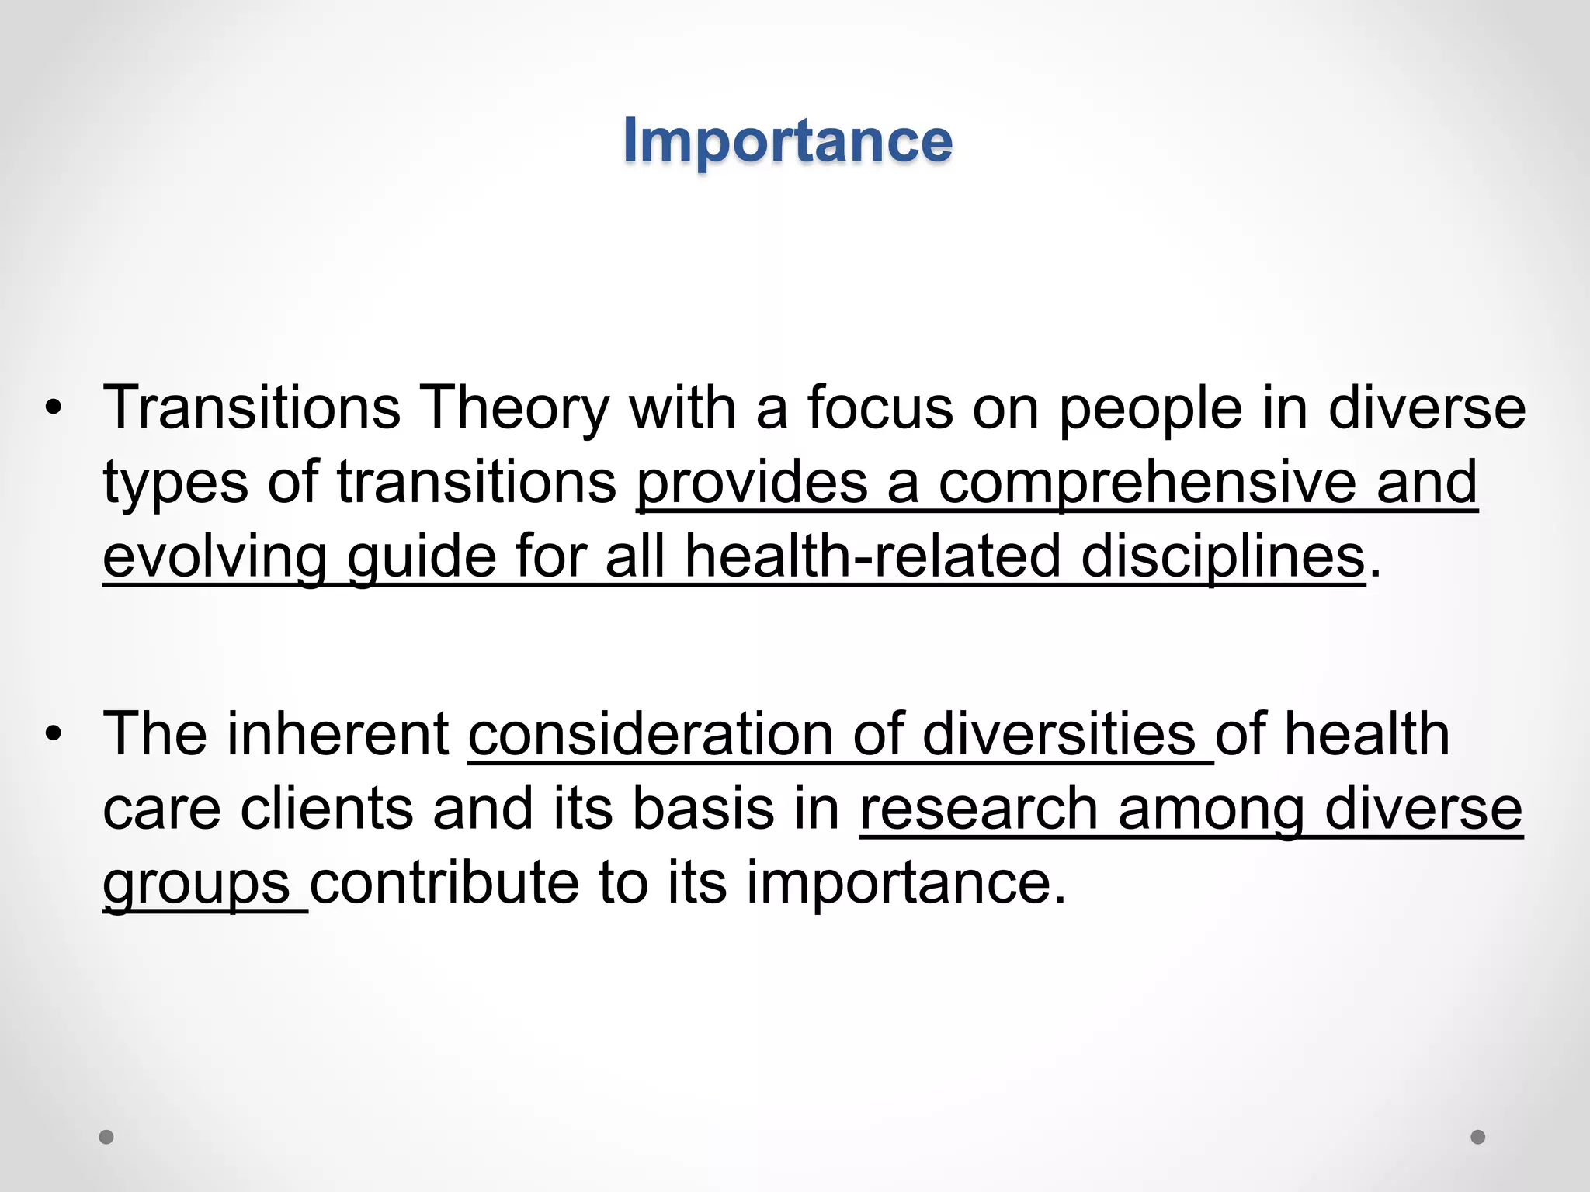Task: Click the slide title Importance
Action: [787, 141]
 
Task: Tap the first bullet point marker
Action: [52, 408]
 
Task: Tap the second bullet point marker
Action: [52, 734]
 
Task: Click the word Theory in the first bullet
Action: [514, 408]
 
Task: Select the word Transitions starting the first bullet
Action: [252, 408]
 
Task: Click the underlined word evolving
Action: [214, 557]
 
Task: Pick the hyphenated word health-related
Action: [872, 557]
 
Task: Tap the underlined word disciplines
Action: [1222, 557]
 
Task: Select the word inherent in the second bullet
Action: [337, 734]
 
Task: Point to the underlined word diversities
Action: [1059, 734]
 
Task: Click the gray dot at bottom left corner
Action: [106, 1137]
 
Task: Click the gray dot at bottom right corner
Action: [1478, 1137]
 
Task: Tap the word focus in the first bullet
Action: [880, 408]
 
